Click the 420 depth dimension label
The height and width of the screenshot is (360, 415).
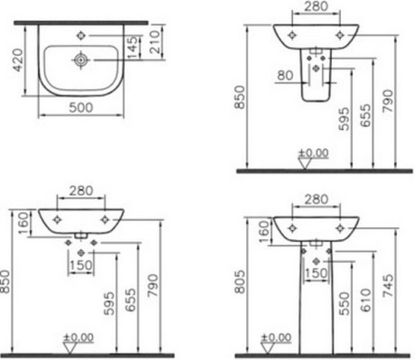(18, 60)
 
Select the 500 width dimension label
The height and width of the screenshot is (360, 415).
(81, 107)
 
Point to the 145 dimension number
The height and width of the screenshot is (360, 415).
(132, 47)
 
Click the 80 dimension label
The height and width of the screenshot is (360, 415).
(285, 75)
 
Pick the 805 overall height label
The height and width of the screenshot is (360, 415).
(240, 282)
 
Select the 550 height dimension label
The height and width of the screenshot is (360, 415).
(345, 303)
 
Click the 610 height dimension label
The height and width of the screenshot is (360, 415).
(365, 300)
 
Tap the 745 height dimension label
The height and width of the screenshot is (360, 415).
(388, 286)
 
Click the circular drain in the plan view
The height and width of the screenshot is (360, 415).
(80, 60)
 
